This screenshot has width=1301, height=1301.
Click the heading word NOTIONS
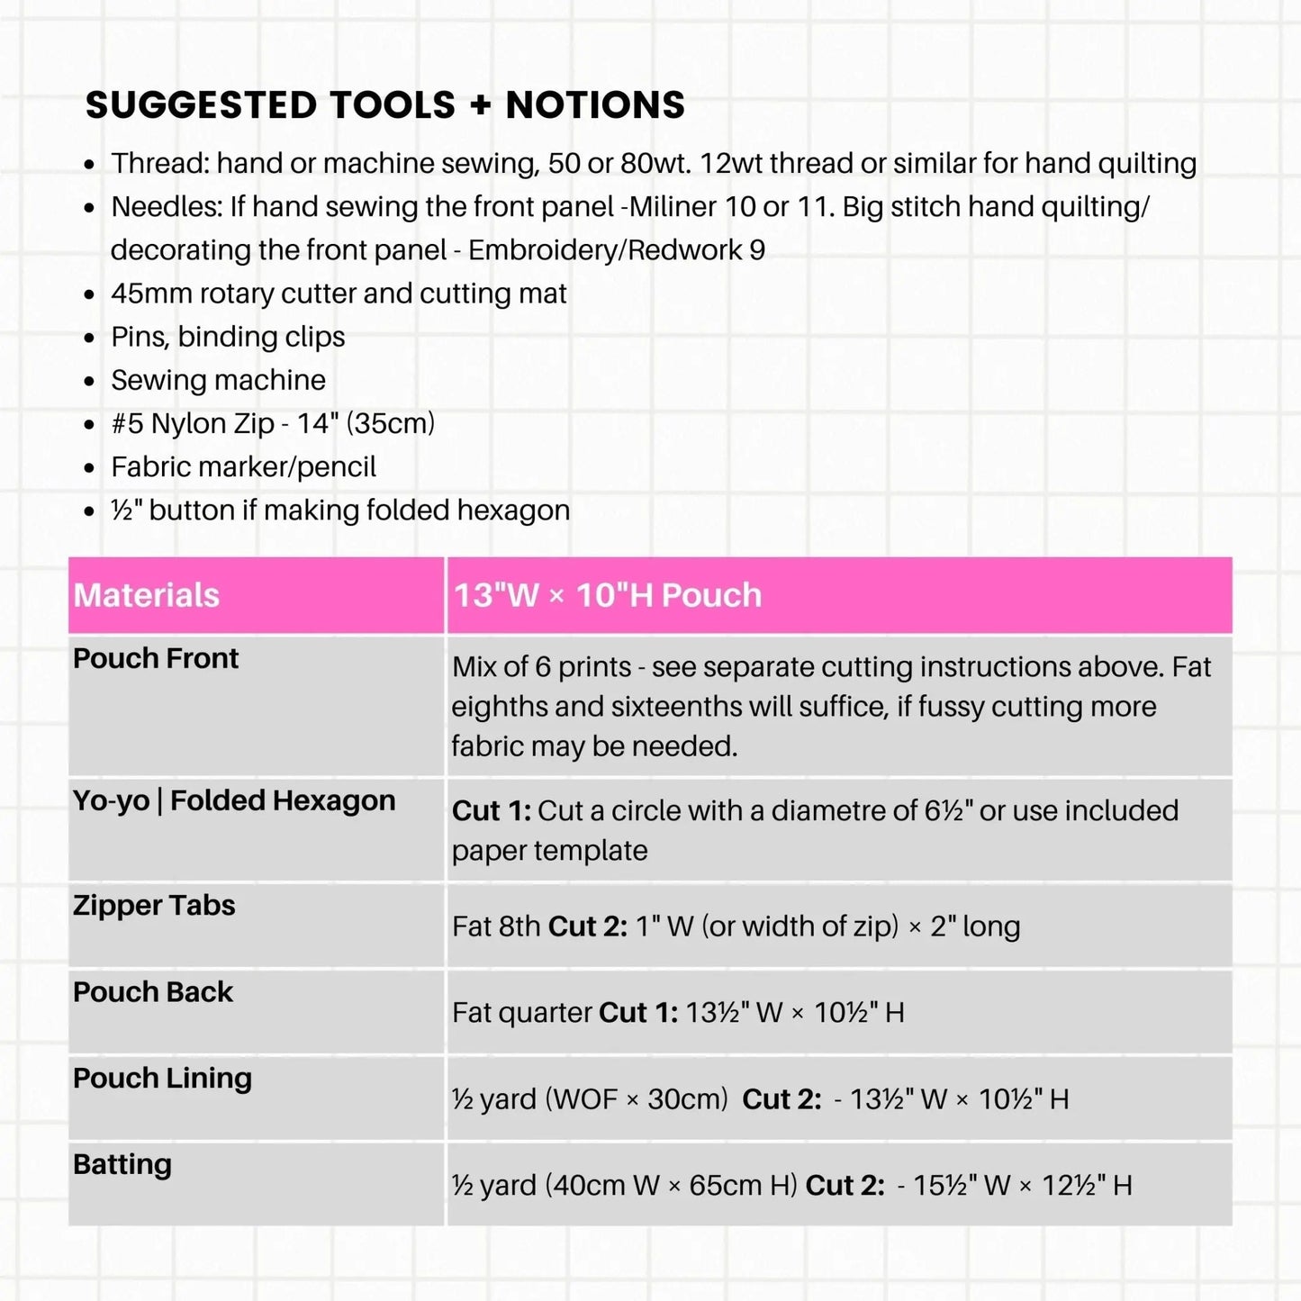[595, 105]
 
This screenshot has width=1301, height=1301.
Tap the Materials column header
[147, 595]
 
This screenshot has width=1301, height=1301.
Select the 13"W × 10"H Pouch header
[608, 595]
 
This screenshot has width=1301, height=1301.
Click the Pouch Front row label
[156, 658]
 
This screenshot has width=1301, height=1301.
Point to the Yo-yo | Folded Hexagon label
[234, 800]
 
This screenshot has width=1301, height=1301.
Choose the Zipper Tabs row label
[154, 905]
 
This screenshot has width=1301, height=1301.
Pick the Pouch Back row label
[153, 991]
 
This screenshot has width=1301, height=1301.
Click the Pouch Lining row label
[162, 1078]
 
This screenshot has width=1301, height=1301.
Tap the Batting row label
[122, 1164]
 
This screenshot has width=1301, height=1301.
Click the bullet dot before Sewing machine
[89, 382]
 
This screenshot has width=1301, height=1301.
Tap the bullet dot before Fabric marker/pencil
[89, 468]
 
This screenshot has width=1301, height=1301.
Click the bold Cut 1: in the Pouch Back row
[638, 1013]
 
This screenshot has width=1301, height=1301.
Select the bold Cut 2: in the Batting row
[845, 1186]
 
